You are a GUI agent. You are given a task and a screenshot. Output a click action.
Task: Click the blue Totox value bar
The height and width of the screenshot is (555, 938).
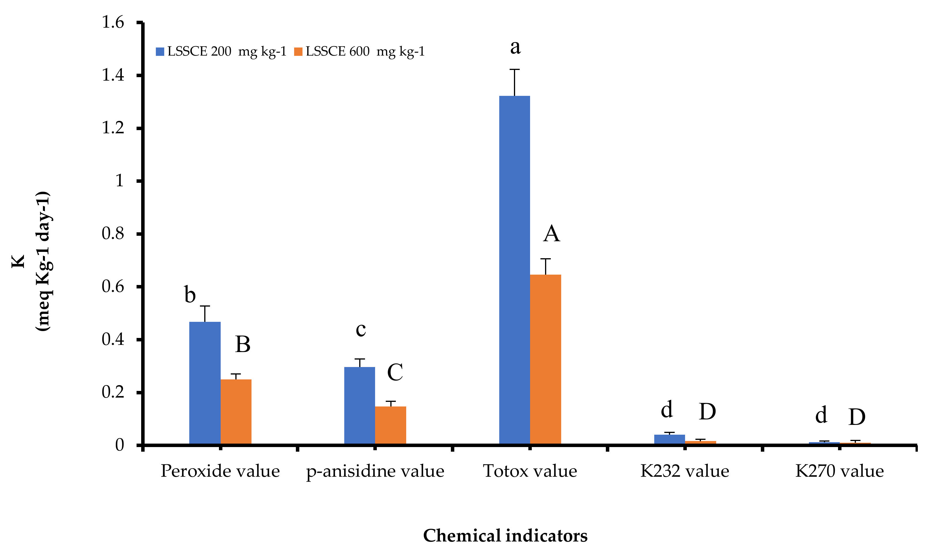tap(514, 269)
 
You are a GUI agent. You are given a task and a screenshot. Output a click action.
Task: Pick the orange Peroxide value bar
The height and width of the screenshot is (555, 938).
tap(236, 411)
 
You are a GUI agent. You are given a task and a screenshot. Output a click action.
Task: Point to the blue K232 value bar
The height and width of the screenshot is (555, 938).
tap(669, 439)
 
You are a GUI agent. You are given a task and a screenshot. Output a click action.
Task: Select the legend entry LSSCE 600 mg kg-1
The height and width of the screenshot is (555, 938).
tap(359, 52)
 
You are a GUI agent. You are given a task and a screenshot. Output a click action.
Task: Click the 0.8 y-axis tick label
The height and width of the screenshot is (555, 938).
tap(113, 234)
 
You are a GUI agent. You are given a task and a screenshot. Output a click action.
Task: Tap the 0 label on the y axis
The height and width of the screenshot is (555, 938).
tap(119, 445)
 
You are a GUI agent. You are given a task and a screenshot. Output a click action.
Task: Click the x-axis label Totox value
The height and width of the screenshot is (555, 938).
tap(530, 471)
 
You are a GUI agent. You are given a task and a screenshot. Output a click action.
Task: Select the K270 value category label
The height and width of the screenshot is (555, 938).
tap(839, 471)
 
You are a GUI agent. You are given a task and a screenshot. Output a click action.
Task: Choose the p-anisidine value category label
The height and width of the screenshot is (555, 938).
tap(375, 471)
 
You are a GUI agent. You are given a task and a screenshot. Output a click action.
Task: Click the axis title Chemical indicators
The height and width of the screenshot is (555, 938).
tap(505, 535)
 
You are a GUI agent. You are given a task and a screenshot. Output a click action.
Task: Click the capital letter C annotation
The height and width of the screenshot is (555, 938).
tap(395, 372)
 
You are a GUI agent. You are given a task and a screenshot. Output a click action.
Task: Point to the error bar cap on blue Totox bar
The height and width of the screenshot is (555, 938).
tap(515, 70)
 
